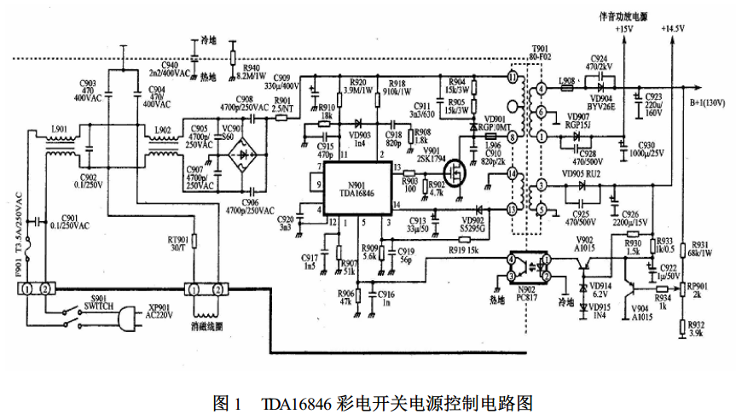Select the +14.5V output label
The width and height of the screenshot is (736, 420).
pyautogui.click(x=672, y=29)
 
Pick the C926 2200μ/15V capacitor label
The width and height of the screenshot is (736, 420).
pyautogui.click(x=635, y=219)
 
